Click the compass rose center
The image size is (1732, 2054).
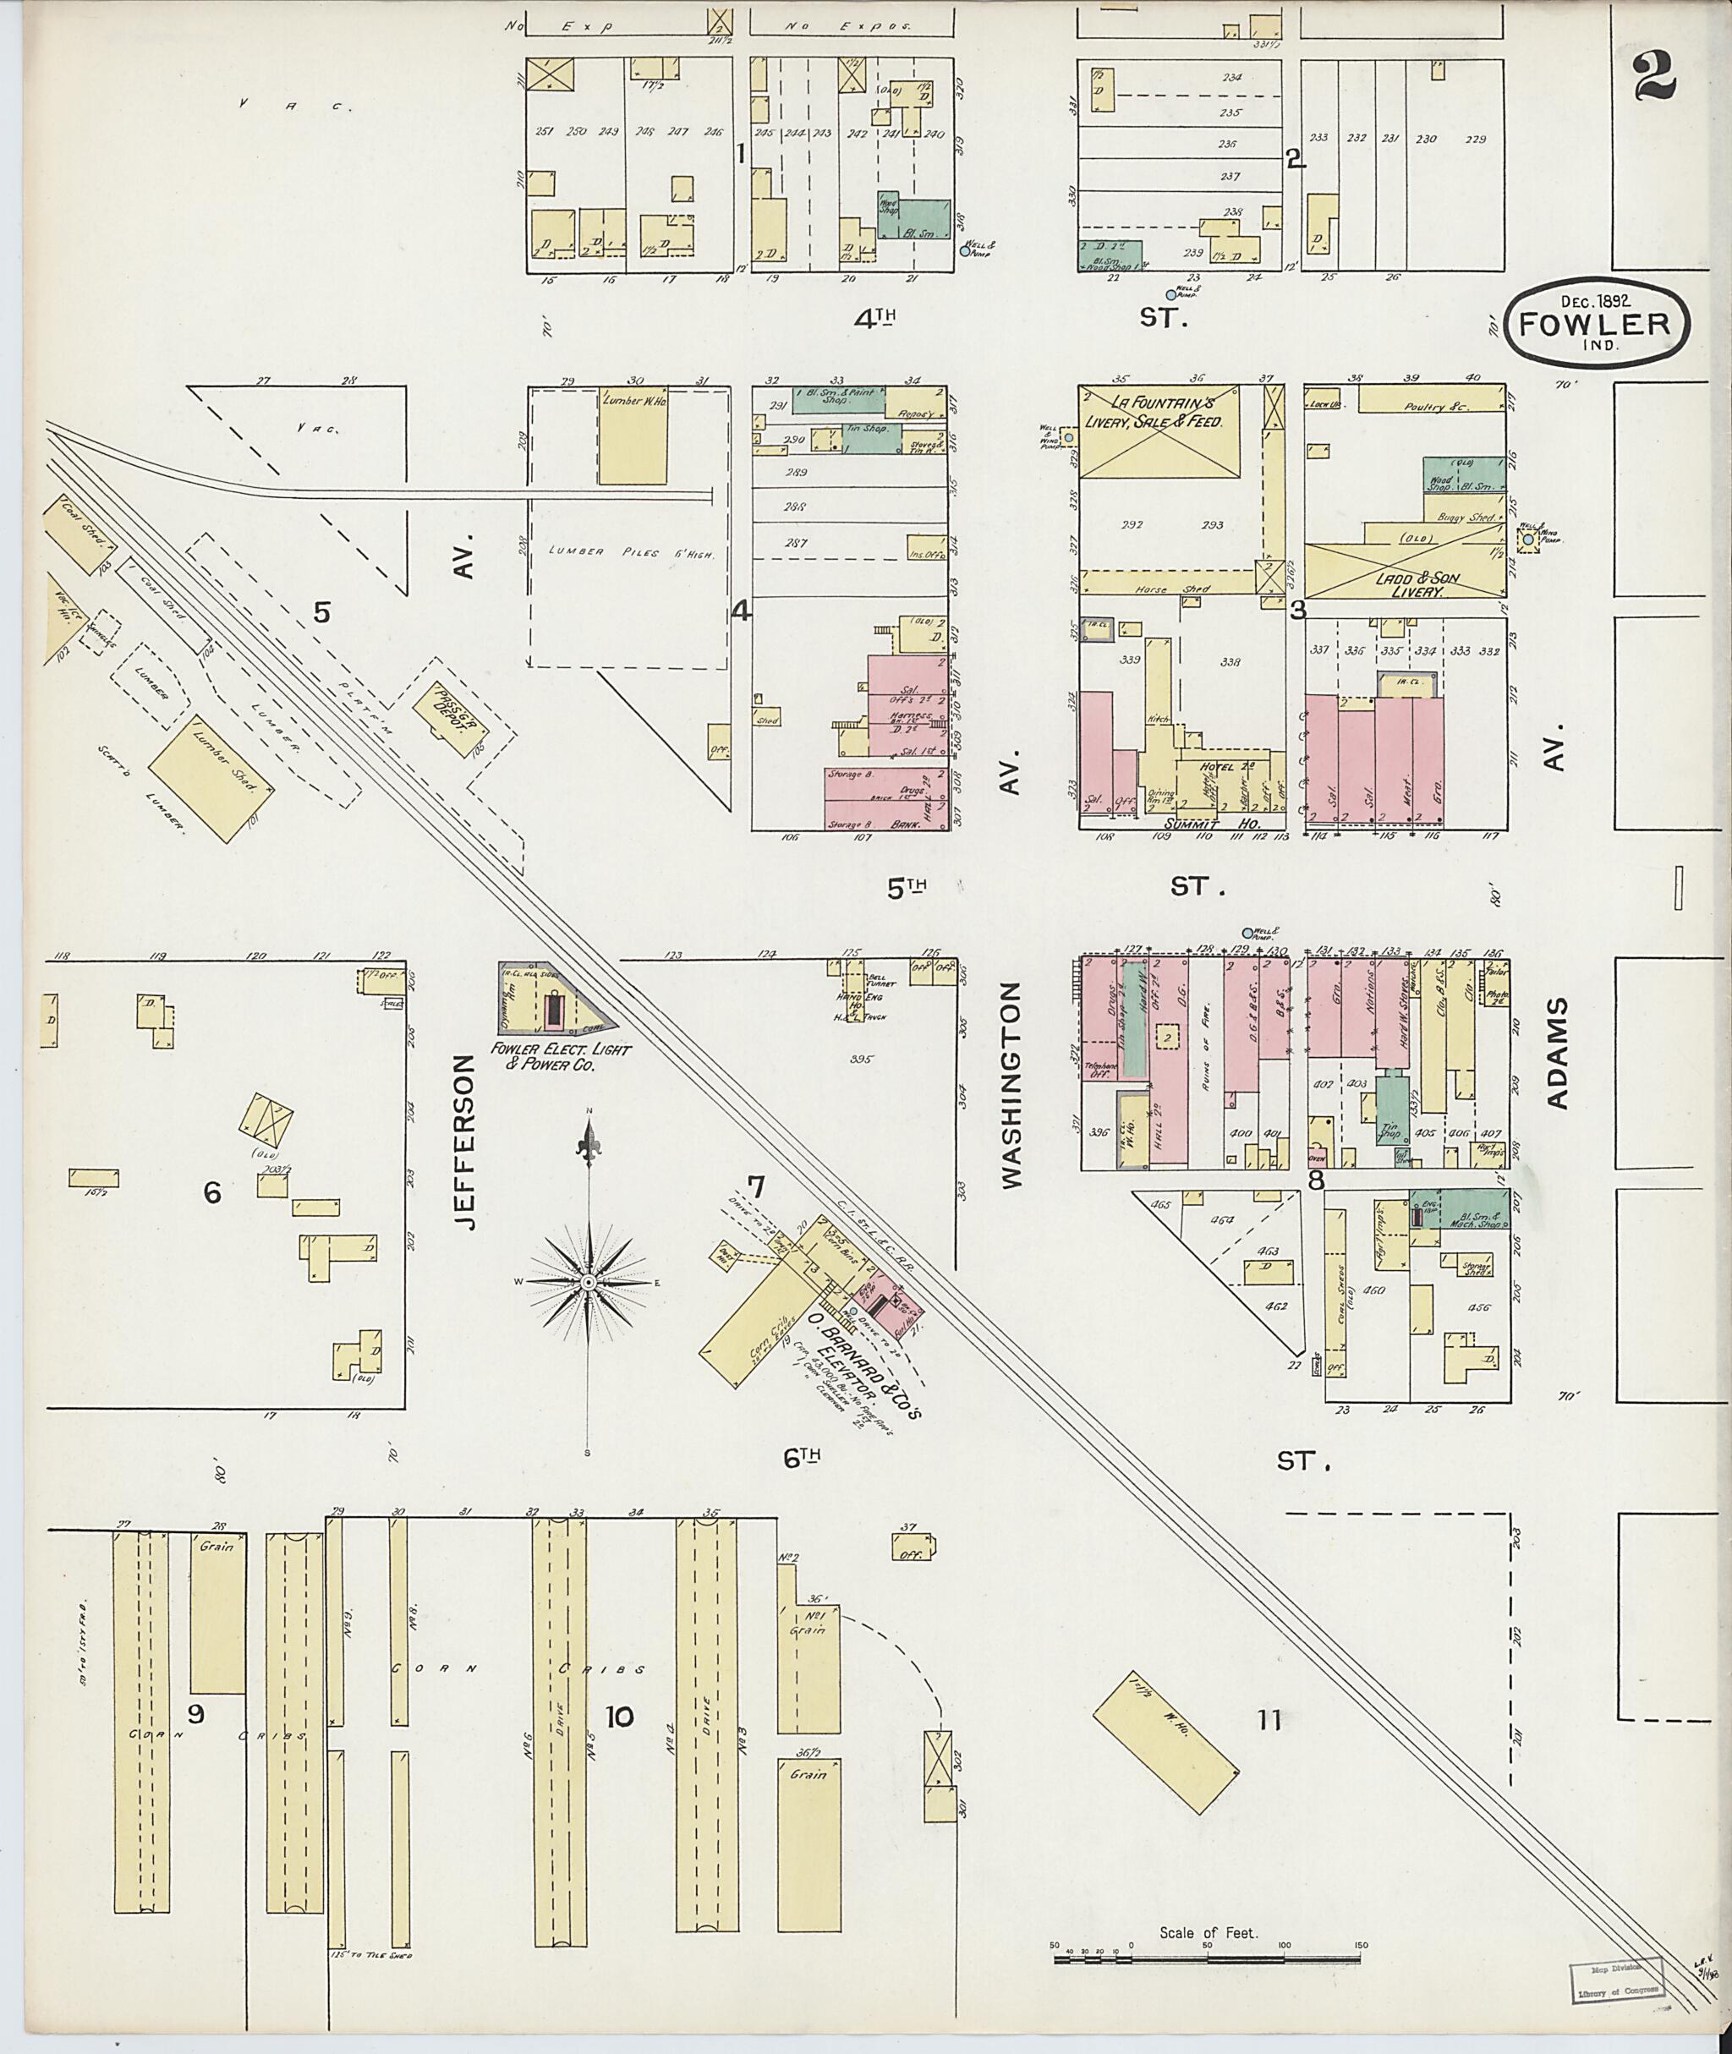[x=588, y=1282]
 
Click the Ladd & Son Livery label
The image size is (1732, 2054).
[x=1407, y=586]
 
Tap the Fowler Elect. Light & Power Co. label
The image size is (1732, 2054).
[x=565, y=1056]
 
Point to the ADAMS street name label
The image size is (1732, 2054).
[x=1559, y=1054]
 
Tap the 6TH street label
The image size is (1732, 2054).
[x=801, y=1459]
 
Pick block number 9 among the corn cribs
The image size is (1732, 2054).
[x=195, y=1714]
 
